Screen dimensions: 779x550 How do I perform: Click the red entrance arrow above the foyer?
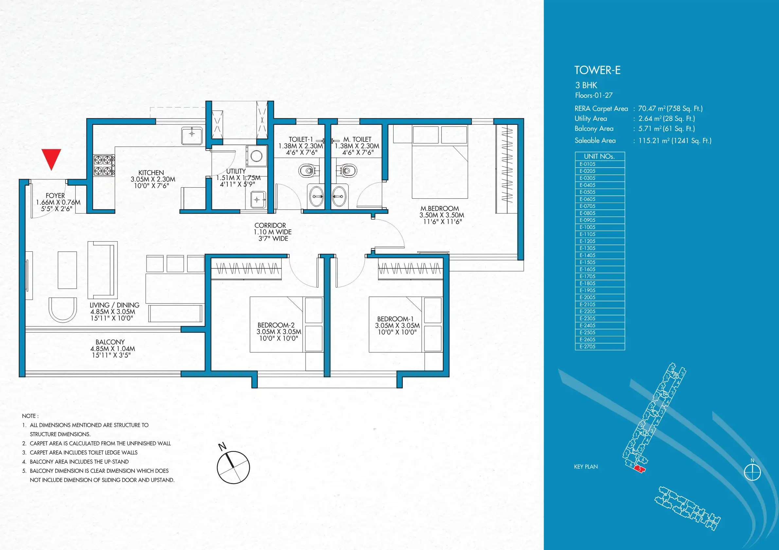(x=51, y=158)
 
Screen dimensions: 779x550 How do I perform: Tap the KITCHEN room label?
(x=151, y=173)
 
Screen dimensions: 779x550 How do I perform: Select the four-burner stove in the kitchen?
(x=104, y=165)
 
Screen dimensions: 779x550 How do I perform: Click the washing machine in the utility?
(x=256, y=156)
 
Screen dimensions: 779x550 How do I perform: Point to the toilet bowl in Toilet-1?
(x=309, y=170)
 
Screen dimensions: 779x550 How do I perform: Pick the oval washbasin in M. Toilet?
(x=339, y=196)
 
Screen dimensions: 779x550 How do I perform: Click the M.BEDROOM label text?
(x=440, y=209)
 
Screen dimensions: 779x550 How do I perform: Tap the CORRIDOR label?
(x=270, y=225)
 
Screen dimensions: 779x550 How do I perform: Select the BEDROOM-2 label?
(x=276, y=325)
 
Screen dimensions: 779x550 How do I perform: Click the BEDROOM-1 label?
(x=395, y=319)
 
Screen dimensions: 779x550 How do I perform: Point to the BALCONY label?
(x=110, y=342)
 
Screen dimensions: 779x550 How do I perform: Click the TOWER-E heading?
(x=597, y=70)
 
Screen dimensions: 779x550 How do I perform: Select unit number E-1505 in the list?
(x=587, y=262)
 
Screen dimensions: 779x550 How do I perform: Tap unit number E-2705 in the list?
(x=587, y=347)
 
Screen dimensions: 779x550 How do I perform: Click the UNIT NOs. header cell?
(x=600, y=156)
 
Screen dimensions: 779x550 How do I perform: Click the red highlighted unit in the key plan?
(x=640, y=469)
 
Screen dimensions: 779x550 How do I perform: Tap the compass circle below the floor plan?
(x=233, y=467)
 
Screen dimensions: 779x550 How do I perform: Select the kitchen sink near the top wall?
(x=192, y=136)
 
